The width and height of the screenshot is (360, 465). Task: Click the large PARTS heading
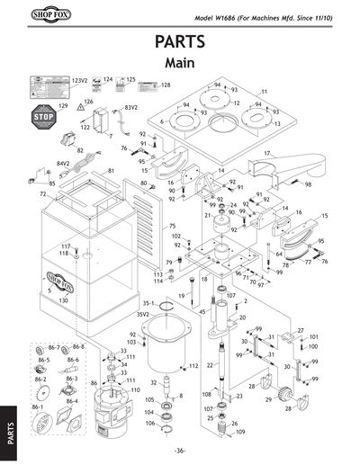tap(180, 42)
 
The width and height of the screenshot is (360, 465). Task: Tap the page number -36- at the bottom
tap(180, 451)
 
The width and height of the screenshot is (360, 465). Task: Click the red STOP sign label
tap(44, 117)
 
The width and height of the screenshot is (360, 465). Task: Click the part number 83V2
tap(131, 107)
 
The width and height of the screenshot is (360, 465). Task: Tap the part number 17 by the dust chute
tap(266, 154)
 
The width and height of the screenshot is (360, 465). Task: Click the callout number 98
tap(308, 184)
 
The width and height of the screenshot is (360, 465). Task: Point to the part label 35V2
tap(142, 315)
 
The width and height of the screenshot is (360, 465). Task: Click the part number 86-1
tap(38, 407)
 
